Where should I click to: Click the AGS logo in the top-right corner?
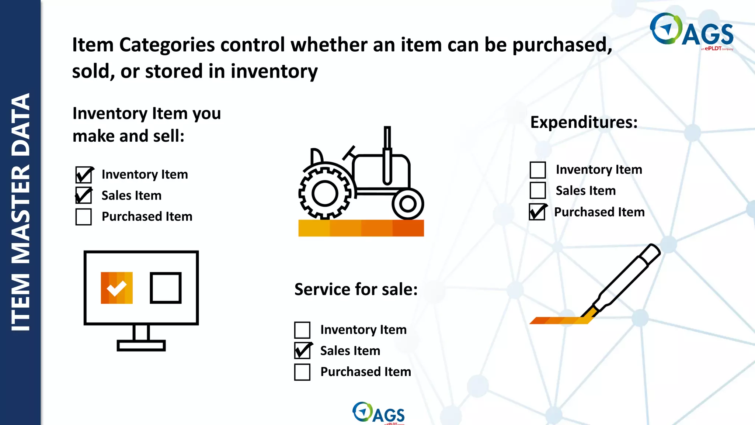(x=692, y=31)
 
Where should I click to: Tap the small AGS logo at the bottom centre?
(x=379, y=413)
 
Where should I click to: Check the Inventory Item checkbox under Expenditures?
(x=537, y=170)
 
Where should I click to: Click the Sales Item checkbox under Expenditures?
(x=537, y=191)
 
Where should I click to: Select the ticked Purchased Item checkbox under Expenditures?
(x=537, y=212)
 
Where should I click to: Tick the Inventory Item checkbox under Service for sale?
(x=302, y=330)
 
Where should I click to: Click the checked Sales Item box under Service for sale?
(x=302, y=350)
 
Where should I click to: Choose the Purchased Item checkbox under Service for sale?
(x=302, y=372)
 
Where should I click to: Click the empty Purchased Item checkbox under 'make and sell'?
(x=83, y=217)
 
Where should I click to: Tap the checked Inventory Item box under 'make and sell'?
(x=84, y=175)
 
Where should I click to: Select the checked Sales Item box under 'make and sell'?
(x=84, y=196)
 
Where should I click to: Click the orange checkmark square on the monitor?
(x=116, y=288)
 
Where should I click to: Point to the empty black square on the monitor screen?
(x=166, y=288)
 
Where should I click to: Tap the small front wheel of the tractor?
(x=408, y=204)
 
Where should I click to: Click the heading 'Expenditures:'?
(x=584, y=122)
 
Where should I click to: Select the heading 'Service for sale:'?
(x=356, y=289)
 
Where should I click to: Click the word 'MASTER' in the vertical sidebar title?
(x=21, y=214)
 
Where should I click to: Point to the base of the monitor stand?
(x=141, y=346)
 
